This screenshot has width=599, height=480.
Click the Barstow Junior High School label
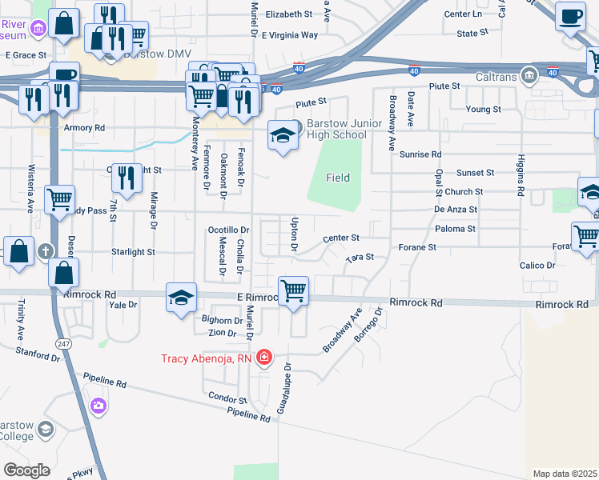tap(336, 129)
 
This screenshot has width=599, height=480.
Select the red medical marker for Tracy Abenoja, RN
tap(264, 357)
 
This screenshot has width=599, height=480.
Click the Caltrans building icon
tap(529, 75)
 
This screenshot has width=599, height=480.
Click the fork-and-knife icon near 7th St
tap(126, 179)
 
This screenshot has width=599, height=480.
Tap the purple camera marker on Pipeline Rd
tap(98, 406)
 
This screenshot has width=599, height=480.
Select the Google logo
tap(26, 470)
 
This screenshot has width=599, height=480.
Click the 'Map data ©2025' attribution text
tap(565, 474)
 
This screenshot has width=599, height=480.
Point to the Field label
tap(337, 178)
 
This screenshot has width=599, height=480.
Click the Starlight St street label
tap(133, 251)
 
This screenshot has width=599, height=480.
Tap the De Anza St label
tap(456, 209)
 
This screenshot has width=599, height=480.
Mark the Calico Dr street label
tap(537, 265)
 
